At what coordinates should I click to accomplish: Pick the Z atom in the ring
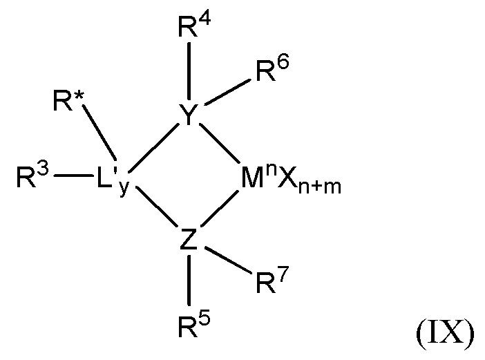click(x=189, y=240)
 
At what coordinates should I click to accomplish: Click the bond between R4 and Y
click(x=188, y=73)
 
